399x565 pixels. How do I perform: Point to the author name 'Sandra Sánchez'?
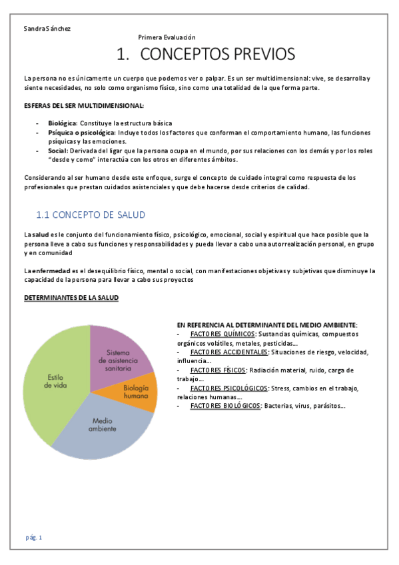coord(47,29)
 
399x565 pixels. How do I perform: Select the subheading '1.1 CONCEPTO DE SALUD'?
coord(90,215)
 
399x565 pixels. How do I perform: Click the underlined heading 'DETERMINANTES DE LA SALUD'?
coord(71,298)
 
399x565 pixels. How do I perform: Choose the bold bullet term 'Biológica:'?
coord(63,123)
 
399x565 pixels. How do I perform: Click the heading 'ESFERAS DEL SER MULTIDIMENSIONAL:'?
coord(83,106)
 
